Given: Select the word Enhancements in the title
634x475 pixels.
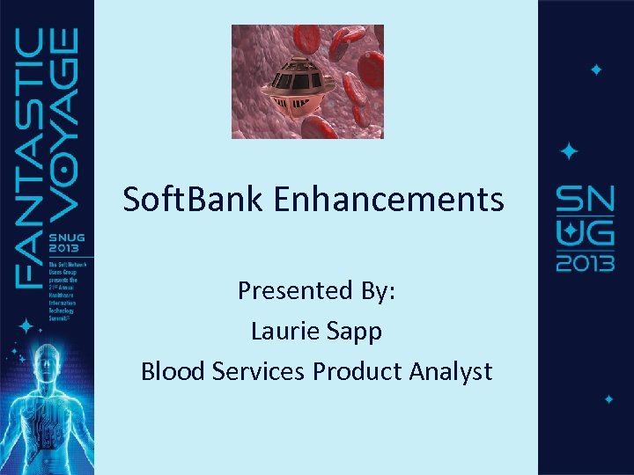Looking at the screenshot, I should click(389, 200).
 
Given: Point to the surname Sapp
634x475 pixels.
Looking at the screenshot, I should click(357, 332).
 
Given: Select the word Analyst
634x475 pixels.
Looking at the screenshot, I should click(451, 372).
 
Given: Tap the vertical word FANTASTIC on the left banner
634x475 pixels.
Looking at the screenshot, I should click(32, 158).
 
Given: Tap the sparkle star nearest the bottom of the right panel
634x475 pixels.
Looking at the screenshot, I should click(608, 399).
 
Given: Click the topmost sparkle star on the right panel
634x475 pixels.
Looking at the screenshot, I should click(596, 69).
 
